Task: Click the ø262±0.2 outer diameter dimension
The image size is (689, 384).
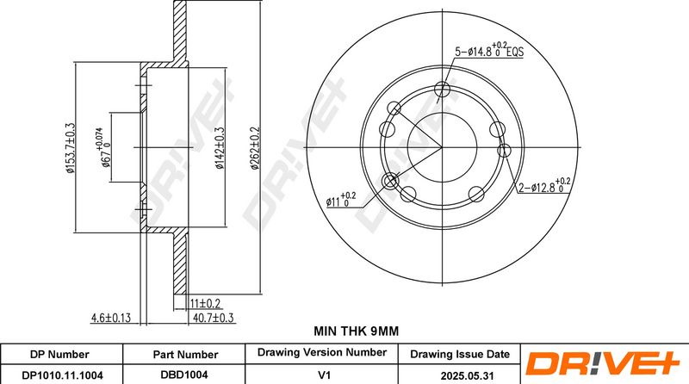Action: point(255,148)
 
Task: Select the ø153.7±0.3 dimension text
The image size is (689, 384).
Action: point(71,148)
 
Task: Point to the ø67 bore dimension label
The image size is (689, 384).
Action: point(102,147)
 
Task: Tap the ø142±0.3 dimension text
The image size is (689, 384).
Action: point(220,148)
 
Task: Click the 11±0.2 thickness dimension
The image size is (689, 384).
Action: point(205,304)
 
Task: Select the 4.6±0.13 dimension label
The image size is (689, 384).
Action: point(111,318)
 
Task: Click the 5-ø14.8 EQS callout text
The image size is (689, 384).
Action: point(489,51)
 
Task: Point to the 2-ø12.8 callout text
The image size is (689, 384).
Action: point(544,186)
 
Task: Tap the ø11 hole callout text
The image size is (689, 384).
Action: point(341,201)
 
